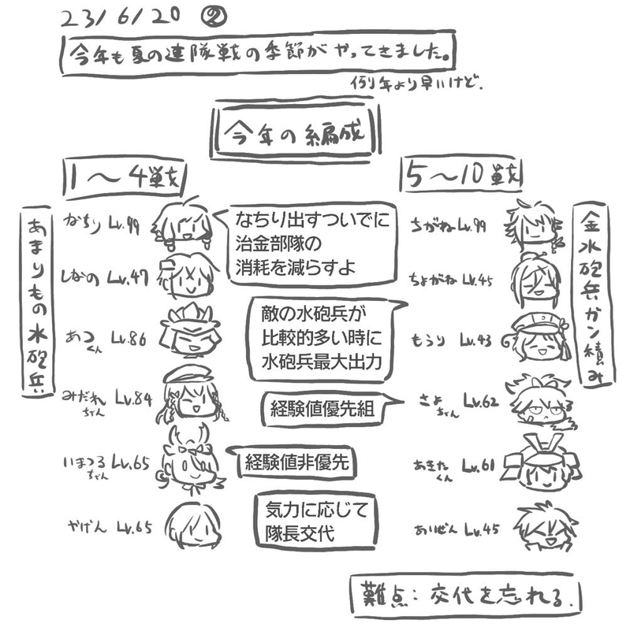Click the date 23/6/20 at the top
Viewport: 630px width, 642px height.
click(117, 17)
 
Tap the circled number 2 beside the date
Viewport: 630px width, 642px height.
click(215, 15)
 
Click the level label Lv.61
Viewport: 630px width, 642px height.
click(479, 467)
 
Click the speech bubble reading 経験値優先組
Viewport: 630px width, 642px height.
click(319, 409)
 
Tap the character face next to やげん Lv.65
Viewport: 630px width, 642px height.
click(194, 525)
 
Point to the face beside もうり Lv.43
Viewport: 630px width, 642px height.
click(541, 336)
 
